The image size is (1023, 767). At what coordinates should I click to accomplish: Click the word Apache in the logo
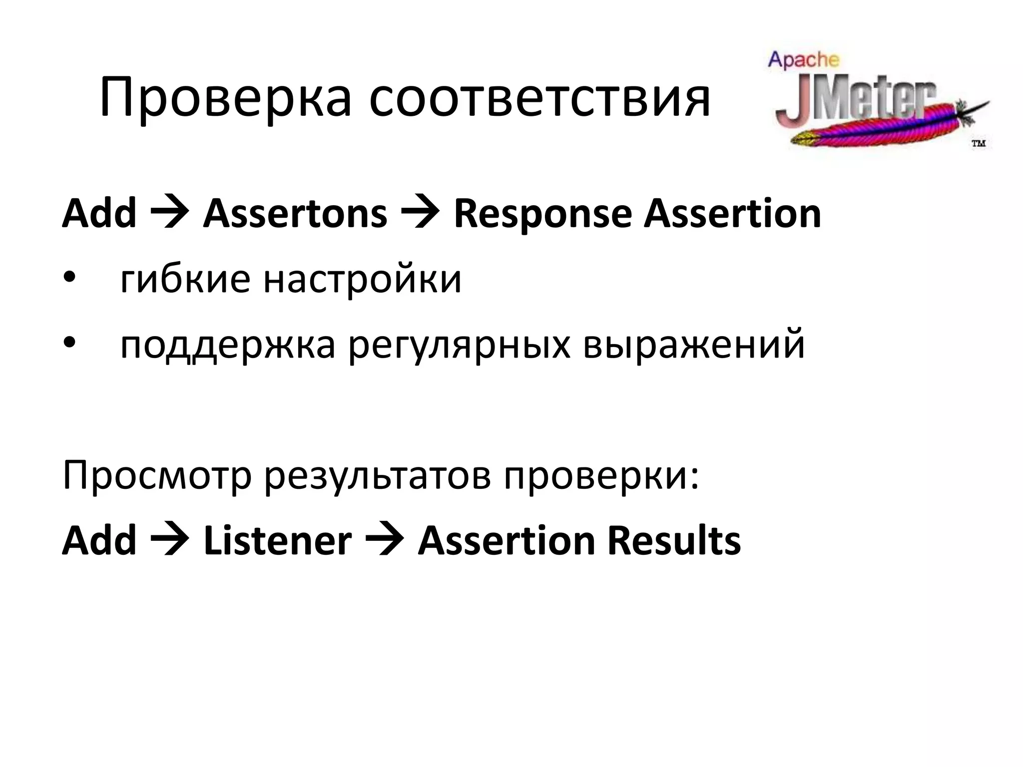point(803,60)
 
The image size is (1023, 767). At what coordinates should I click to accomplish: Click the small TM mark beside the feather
point(978,144)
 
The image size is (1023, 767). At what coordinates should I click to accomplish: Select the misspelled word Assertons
point(295,214)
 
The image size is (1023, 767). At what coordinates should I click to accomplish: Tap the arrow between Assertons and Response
point(421,214)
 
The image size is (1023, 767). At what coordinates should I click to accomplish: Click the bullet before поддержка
point(69,344)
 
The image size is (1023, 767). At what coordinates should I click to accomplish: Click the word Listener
point(277,541)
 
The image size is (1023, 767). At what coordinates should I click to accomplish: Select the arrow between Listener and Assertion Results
point(385,541)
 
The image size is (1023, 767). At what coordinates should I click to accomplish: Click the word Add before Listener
point(99,541)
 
